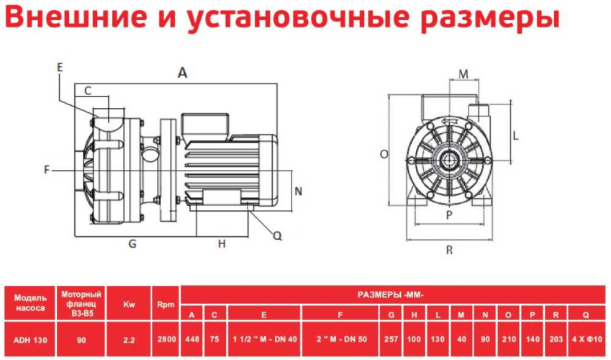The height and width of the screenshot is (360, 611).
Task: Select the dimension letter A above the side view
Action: click(x=183, y=72)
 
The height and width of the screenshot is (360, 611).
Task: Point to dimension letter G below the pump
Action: click(x=132, y=243)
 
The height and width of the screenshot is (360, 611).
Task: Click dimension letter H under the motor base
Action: click(x=222, y=243)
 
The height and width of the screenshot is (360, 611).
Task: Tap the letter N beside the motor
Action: click(x=299, y=191)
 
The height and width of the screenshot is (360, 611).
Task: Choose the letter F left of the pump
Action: click(x=47, y=170)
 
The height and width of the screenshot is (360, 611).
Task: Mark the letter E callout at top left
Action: click(x=60, y=67)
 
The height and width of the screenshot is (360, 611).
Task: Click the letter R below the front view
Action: click(x=449, y=250)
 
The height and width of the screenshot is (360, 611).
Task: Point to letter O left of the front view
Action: click(x=384, y=154)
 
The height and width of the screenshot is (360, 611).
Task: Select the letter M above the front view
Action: click(x=463, y=73)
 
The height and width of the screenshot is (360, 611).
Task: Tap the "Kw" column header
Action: click(x=130, y=305)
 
